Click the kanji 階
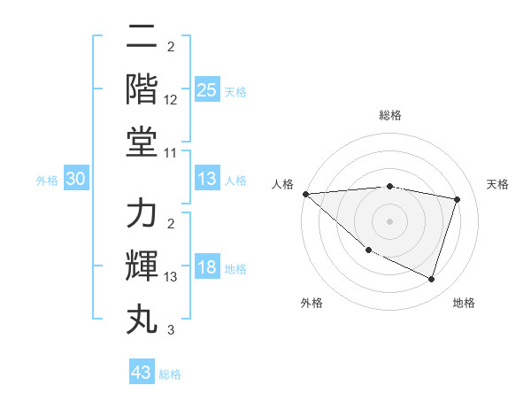point(142,89)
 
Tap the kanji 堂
point(142,141)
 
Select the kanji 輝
point(142,267)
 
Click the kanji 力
point(142,215)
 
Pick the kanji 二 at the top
point(142,38)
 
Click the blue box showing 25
point(206,90)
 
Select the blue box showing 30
point(76,179)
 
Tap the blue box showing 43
point(142,373)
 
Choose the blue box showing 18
point(206,268)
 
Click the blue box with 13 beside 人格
point(206,179)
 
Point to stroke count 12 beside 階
point(171,101)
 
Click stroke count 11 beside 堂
point(171,153)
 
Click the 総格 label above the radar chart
point(390,115)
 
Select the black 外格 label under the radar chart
point(312,303)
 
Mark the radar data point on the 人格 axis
point(305,194)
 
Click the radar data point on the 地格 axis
point(432,280)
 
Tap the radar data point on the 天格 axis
point(458,199)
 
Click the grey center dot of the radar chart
point(389,220)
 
